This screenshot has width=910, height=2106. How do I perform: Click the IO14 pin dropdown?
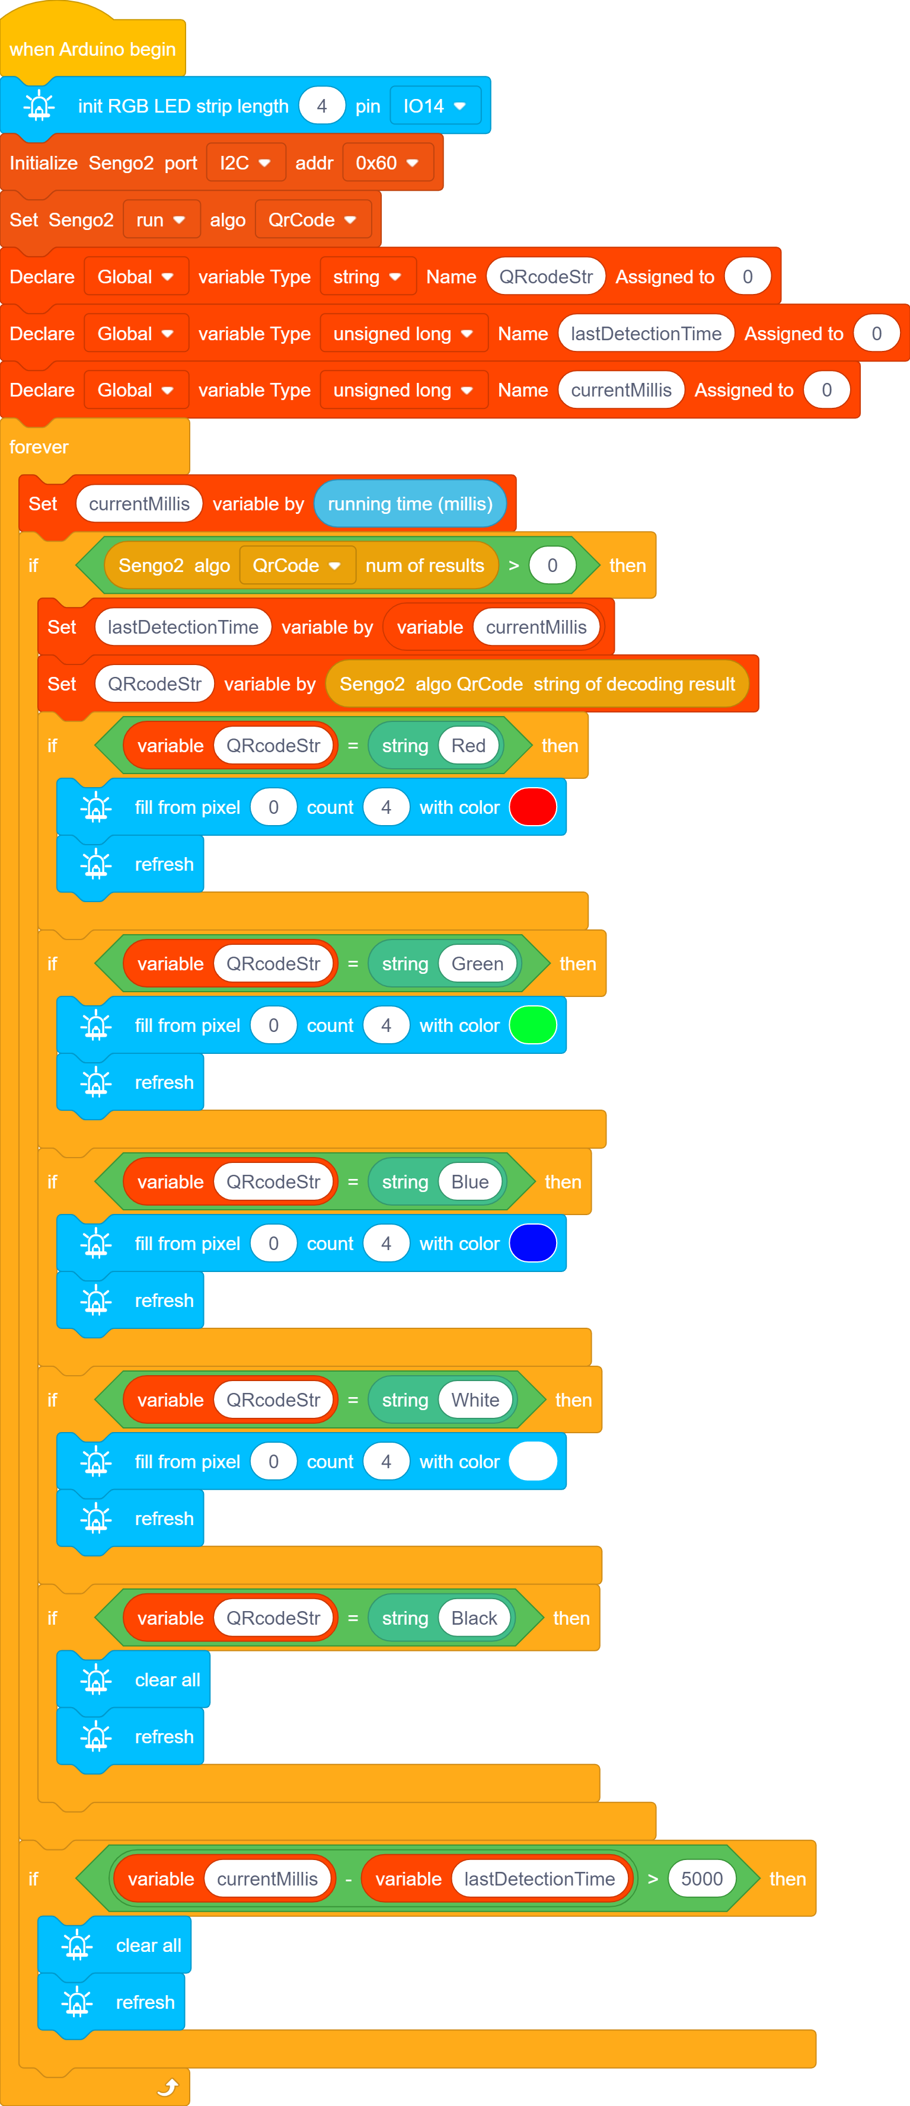point(435,106)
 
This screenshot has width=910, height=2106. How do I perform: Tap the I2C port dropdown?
point(245,162)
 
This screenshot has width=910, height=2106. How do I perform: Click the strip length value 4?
point(321,106)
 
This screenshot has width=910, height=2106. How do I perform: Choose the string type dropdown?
point(367,276)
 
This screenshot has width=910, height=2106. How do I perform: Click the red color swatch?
point(533,807)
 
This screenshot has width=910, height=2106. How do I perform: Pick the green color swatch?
point(533,1025)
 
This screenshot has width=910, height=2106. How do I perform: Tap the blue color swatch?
point(533,1244)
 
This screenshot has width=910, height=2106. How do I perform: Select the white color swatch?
point(533,1462)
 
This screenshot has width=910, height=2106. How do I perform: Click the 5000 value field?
point(701,1879)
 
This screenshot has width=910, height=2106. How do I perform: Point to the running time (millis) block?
point(410,504)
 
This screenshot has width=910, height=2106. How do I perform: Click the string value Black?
point(474,1618)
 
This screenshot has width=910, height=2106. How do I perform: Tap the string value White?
point(475,1399)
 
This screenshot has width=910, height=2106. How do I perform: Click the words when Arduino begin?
point(92,49)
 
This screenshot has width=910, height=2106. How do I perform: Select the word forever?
point(39,447)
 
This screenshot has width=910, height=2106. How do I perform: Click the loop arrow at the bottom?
point(168,2088)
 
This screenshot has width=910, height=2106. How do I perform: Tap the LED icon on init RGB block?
point(39,106)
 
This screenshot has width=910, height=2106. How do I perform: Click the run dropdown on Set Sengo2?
point(161,220)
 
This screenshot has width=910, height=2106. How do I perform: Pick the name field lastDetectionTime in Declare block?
point(646,334)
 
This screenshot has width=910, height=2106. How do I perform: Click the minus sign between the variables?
point(349,1880)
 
